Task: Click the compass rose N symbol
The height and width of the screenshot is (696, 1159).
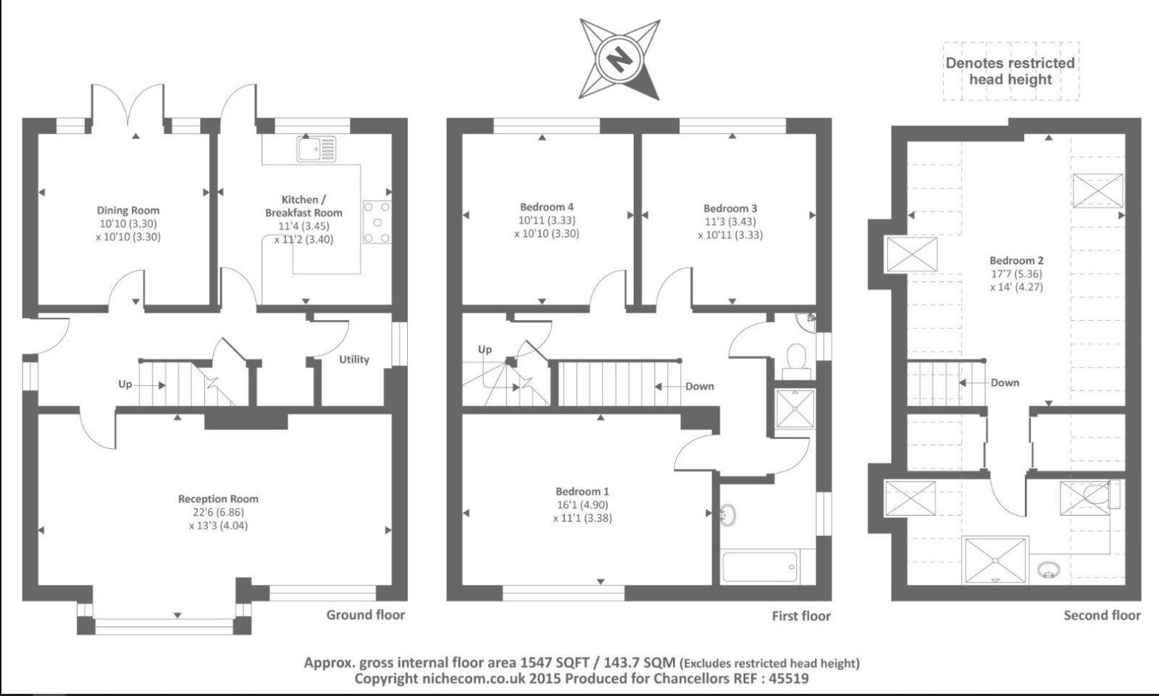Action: click(x=619, y=59)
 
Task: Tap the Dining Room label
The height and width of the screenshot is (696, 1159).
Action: click(x=127, y=211)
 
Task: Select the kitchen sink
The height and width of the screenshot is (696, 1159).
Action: click(x=316, y=148)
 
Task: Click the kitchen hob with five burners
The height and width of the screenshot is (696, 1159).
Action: click(x=377, y=222)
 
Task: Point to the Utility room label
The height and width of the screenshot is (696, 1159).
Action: click(x=354, y=359)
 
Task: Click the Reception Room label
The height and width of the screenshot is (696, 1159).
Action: click(x=218, y=499)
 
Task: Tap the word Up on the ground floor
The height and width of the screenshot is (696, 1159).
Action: click(x=125, y=385)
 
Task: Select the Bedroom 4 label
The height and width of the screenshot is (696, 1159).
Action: click(x=546, y=207)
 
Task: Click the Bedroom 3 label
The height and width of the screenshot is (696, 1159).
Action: click(x=730, y=209)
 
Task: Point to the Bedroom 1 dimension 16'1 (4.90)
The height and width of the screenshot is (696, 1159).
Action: click(x=582, y=505)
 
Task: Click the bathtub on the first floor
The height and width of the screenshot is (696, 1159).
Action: click(x=760, y=567)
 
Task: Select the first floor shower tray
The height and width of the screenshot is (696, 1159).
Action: click(x=795, y=408)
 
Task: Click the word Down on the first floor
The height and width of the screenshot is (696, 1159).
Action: click(x=700, y=387)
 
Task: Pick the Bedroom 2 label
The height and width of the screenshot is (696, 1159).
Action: click(x=1016, y=261)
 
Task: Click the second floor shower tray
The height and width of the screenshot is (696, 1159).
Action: click(x=995, y=561)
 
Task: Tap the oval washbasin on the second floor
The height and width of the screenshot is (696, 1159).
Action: click(x=1048, y=570)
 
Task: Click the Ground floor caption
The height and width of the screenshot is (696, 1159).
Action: click(x=365, y=615)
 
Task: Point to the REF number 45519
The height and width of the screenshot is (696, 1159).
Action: click(x=789, y=679)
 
